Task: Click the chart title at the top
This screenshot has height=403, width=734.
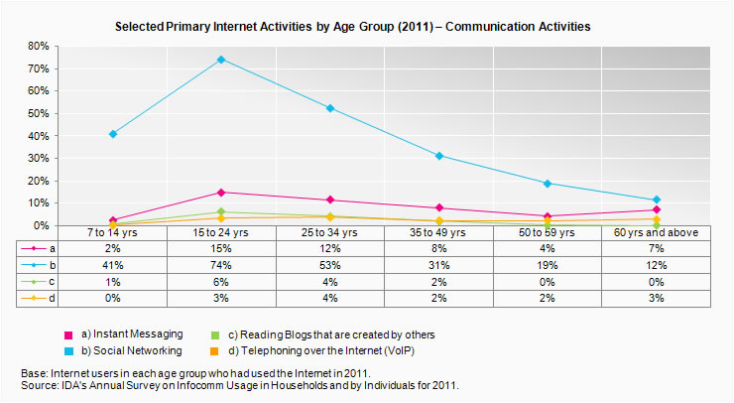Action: (x=366, y=26)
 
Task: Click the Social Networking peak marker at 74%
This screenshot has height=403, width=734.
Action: (x=221, y=60)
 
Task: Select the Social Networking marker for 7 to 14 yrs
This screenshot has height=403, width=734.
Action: (x=113, y=134)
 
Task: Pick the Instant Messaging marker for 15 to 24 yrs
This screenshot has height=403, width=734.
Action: (x=221, y=192)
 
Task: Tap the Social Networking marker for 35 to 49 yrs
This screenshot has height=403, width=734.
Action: (x=438, y=156)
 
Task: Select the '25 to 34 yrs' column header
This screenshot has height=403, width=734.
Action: (x=329, y=232)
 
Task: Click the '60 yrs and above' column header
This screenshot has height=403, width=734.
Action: (x=656, y=232)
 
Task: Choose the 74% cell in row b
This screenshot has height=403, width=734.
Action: (x=221, y=264)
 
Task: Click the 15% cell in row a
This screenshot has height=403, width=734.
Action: (x=221, y=248)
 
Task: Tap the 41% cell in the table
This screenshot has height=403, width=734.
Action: (x=113, y=264)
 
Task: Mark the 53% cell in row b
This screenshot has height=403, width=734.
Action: (x=329, y=264)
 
